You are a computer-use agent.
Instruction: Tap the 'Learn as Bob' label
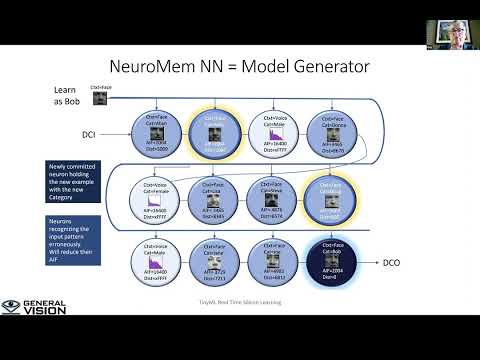coord(65,96)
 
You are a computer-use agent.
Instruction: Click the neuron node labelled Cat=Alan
coord(156,135)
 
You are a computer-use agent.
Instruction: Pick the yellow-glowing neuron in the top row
coord(214,135)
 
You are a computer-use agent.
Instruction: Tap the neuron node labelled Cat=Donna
coord(330,135)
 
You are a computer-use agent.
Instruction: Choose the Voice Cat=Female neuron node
coord(156,200)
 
